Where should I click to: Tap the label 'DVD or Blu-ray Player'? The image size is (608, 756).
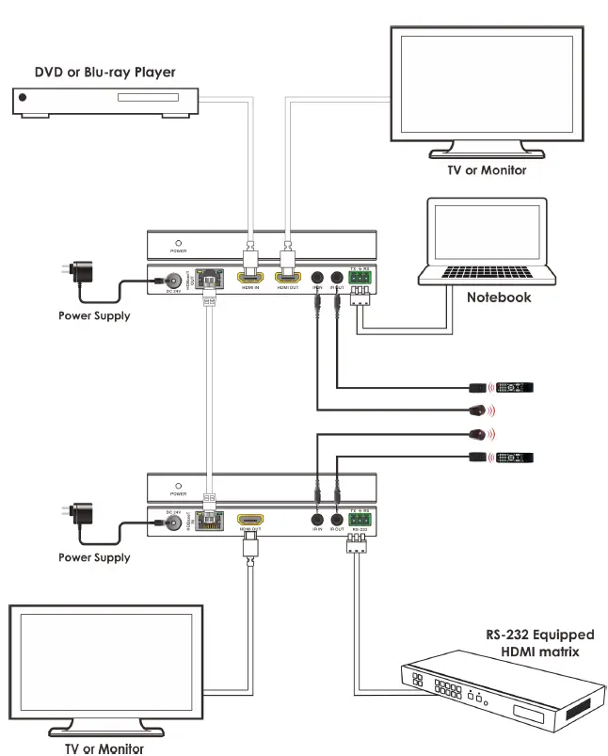(105, 72)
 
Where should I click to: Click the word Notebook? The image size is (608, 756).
(499, 298)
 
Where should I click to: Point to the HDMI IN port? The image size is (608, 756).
(249, 278)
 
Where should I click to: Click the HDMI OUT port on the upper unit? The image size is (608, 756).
(287, 278)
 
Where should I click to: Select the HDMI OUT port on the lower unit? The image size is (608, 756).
(249, 520)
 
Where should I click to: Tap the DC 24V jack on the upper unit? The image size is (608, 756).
(173, 281)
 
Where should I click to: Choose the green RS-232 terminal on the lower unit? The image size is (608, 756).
(360, 519)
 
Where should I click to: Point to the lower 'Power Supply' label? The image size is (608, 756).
(94, 557)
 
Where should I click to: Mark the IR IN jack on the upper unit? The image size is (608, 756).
(317, 279)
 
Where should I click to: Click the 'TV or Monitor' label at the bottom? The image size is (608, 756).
(98, 748)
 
